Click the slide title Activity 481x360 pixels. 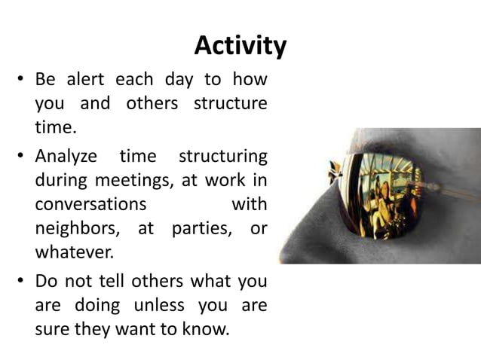pos(240,46)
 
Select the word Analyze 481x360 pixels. pos(66,157)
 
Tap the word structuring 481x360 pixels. pos(222,157)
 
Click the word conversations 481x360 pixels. pos(90,204)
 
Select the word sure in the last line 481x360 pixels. pos(53,328)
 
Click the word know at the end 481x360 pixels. pos(207,328)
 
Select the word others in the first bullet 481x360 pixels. pos(152,103)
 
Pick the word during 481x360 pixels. pos(61,181)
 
